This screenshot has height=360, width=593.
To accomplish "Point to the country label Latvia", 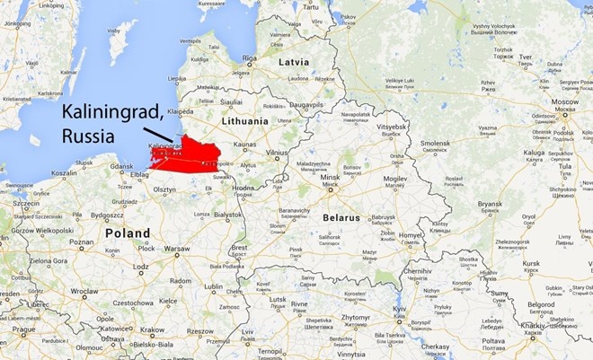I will [291, 62].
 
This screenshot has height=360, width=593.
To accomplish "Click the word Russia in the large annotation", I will [87, 136].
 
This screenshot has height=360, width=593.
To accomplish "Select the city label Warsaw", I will [177, 248].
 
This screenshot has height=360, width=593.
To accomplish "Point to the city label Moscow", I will [565, 102].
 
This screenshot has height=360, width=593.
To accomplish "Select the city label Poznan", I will [81, 241].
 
